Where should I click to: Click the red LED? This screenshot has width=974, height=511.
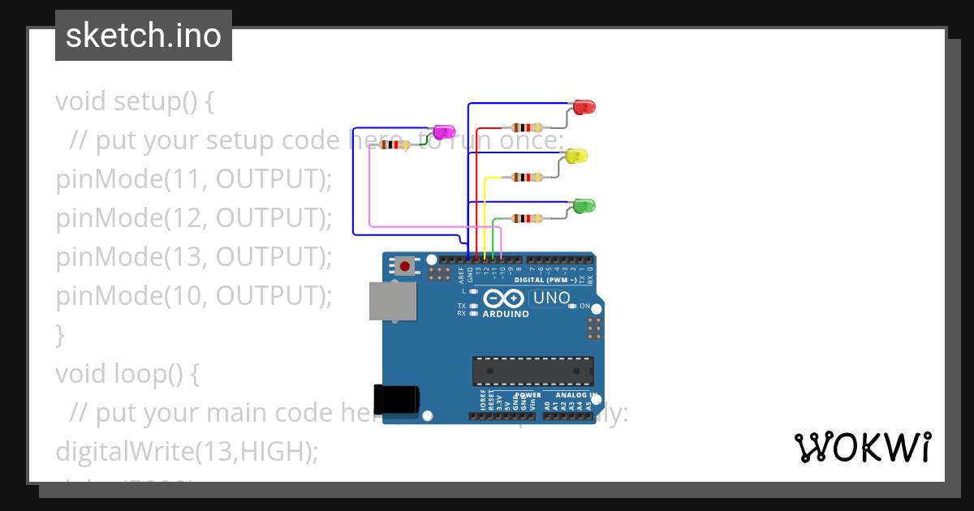[584, 107]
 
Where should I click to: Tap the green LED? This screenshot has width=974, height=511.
[584, 206]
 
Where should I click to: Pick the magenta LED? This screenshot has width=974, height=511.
[444, 132]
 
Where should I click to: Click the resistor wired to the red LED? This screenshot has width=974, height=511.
[528, 127]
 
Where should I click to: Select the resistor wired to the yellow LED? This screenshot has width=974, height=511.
[528, 177]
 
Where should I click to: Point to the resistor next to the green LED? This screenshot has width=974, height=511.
[528, 217]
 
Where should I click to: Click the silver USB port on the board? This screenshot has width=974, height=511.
[393, 302]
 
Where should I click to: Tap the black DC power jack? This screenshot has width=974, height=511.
[396, 398]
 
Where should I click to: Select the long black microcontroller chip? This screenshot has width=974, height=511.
[533, 371]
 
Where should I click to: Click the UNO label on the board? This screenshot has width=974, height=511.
[551, 298]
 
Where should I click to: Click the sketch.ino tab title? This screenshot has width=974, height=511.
[144, 36]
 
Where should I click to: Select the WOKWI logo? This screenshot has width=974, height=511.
[862, 447]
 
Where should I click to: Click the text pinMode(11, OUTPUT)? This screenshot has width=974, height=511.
[194, 179]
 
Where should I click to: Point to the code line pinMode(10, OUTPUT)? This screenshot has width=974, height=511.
[194, 296]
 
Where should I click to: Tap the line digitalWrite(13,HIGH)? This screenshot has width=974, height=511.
[186, 452]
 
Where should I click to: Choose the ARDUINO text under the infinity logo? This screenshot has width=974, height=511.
[506, 314]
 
